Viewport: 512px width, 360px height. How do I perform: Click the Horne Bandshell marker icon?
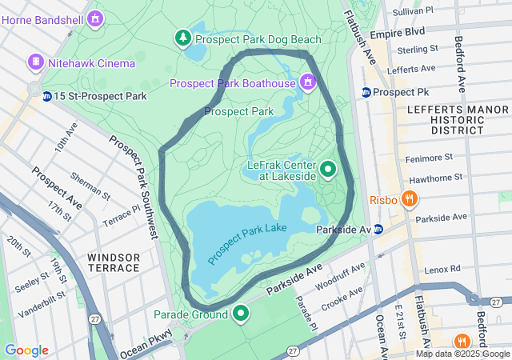pyautogui.click(x=96, y=17)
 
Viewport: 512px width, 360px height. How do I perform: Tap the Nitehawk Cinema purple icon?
pyautogui.click(x=35, y=62)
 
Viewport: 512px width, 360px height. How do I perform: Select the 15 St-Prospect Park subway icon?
pyautogui.click(x=47, y=96)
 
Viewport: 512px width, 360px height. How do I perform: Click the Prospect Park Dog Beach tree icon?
pyautogui.click(x=183, y=38)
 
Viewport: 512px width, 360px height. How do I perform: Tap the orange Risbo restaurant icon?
pyautogui.click(x=410, y=199)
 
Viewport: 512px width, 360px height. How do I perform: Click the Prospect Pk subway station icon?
pyautogui.click(x=366, y=92)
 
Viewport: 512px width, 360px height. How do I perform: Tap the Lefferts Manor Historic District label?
pyautogui.click(x=446, y=118)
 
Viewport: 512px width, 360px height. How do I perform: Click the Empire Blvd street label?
pyautogui.click(x=402, y=33)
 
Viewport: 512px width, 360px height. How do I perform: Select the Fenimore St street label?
pyautogui.click(x=432, y=158)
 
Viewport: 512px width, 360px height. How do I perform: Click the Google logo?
pyautogui.click(x=26, y=350)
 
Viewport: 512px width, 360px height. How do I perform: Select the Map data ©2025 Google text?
pyautogui.click(x=462, y=354)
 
